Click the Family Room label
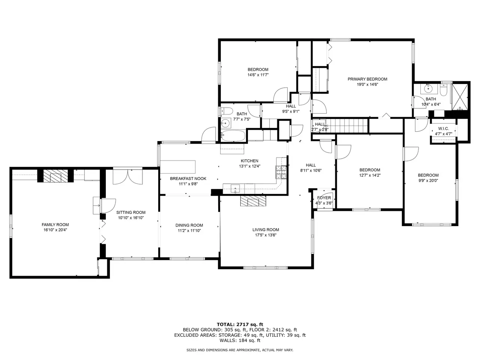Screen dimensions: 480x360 pyautogui.click(x=55, y=225)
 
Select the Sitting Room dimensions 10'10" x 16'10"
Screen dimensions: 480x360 pyautogui.click(x=131, y=218)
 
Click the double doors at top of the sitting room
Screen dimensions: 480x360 pyautogui.click(x=128, y=177)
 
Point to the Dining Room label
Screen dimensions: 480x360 pyautogui.click(x=189, y=225)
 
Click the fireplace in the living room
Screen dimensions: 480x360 pyautogui.click(x=253, y=201)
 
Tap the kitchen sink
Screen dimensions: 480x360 pyautogui.click(x=235, y=189)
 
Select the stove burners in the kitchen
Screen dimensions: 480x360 pyautogui.click(x=281, y=172)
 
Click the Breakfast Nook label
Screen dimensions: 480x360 pyautogui.click(x=188, y=178)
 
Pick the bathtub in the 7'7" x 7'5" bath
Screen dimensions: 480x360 pyautogui.click(x=233, y=136)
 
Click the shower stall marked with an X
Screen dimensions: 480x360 pyautogui.click(x=460, y=97)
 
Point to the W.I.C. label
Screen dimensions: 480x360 pyautogui.click(x=444, y=129)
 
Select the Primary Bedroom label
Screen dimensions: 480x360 pyautogui.click(x=367, y=79)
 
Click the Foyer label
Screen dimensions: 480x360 pyautogui.click(x=324, y=198)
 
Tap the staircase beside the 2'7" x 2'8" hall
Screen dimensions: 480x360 pyautogui.click(x=346, y=126)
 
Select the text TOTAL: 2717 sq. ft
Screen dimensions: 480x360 pyautogui.click(x=240, y=324)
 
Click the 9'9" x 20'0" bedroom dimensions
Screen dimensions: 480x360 pyautogui.click(x=428, y=180)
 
